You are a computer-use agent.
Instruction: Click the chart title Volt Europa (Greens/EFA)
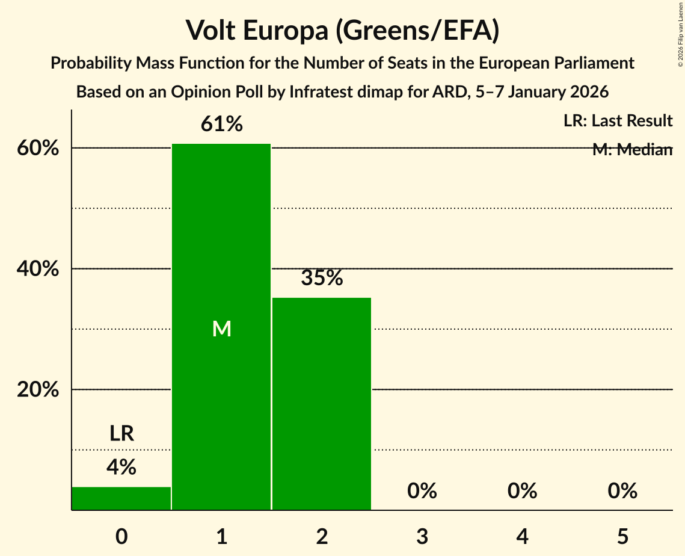(x=342, y=30)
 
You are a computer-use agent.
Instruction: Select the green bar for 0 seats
(x=121, y=498)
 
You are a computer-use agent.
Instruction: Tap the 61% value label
(x=221, y=125)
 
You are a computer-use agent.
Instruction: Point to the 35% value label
(x=322, y=278)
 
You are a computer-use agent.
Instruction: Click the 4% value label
(x=121, y=467)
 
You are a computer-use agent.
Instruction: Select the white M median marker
(x=221, y=329)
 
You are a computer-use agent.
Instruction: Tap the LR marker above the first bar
(x=121, y=433)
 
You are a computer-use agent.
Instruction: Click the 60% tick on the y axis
(x=38, y=149)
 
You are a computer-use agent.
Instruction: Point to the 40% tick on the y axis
(x=38, y=269)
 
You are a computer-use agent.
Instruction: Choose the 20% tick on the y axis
(x=38, y=390)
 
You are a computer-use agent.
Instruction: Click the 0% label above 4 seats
(x=522, y=491)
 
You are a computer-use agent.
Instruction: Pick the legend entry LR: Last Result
(x=618, y=121)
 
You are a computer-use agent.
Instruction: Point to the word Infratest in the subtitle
(x=321, y=92)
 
